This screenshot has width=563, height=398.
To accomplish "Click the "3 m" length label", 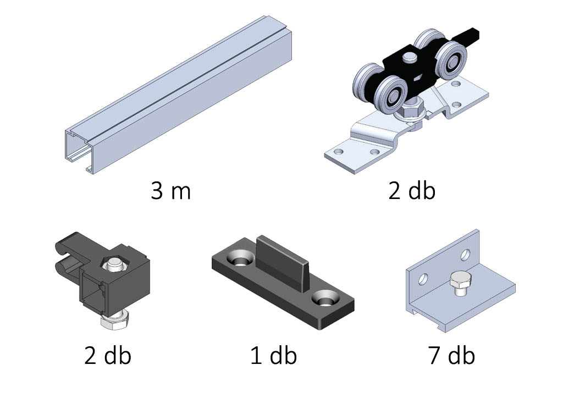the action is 171,191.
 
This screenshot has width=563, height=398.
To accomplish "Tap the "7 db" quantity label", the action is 452,355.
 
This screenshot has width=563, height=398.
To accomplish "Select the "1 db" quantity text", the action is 274,355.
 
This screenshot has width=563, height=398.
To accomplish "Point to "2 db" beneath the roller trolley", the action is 412,191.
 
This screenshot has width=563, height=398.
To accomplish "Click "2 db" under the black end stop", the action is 108,355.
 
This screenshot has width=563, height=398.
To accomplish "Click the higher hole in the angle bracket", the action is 466,255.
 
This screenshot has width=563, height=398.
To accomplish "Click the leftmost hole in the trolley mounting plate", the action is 339,151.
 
